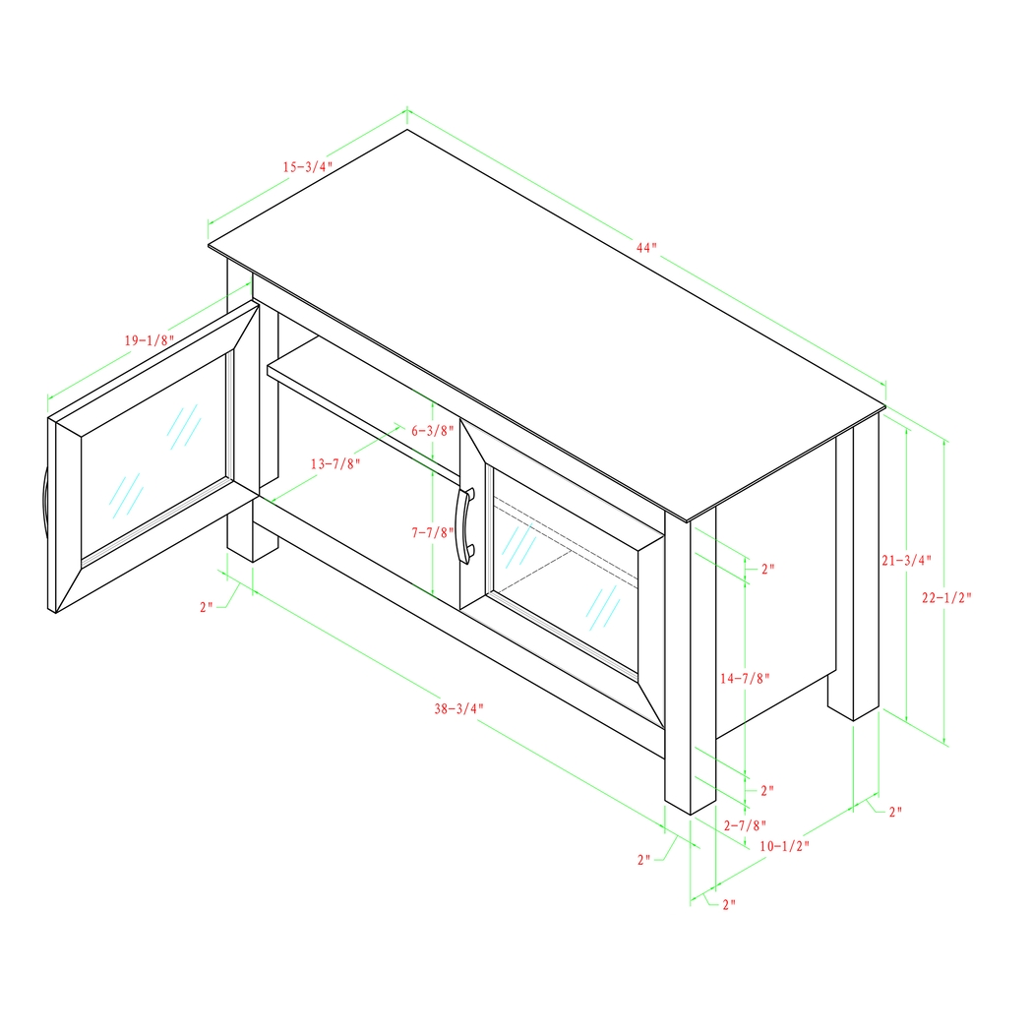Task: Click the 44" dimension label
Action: click(645, 248)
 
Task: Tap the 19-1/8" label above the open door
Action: click(149, 339)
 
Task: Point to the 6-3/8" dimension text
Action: click(431, 430)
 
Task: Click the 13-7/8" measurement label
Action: click(335, 463)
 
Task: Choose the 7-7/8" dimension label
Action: click(431, 532)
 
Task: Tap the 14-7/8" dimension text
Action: click(745, 678)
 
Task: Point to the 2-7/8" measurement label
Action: click(744, 824)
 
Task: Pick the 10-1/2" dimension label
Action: click(784, 845)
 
